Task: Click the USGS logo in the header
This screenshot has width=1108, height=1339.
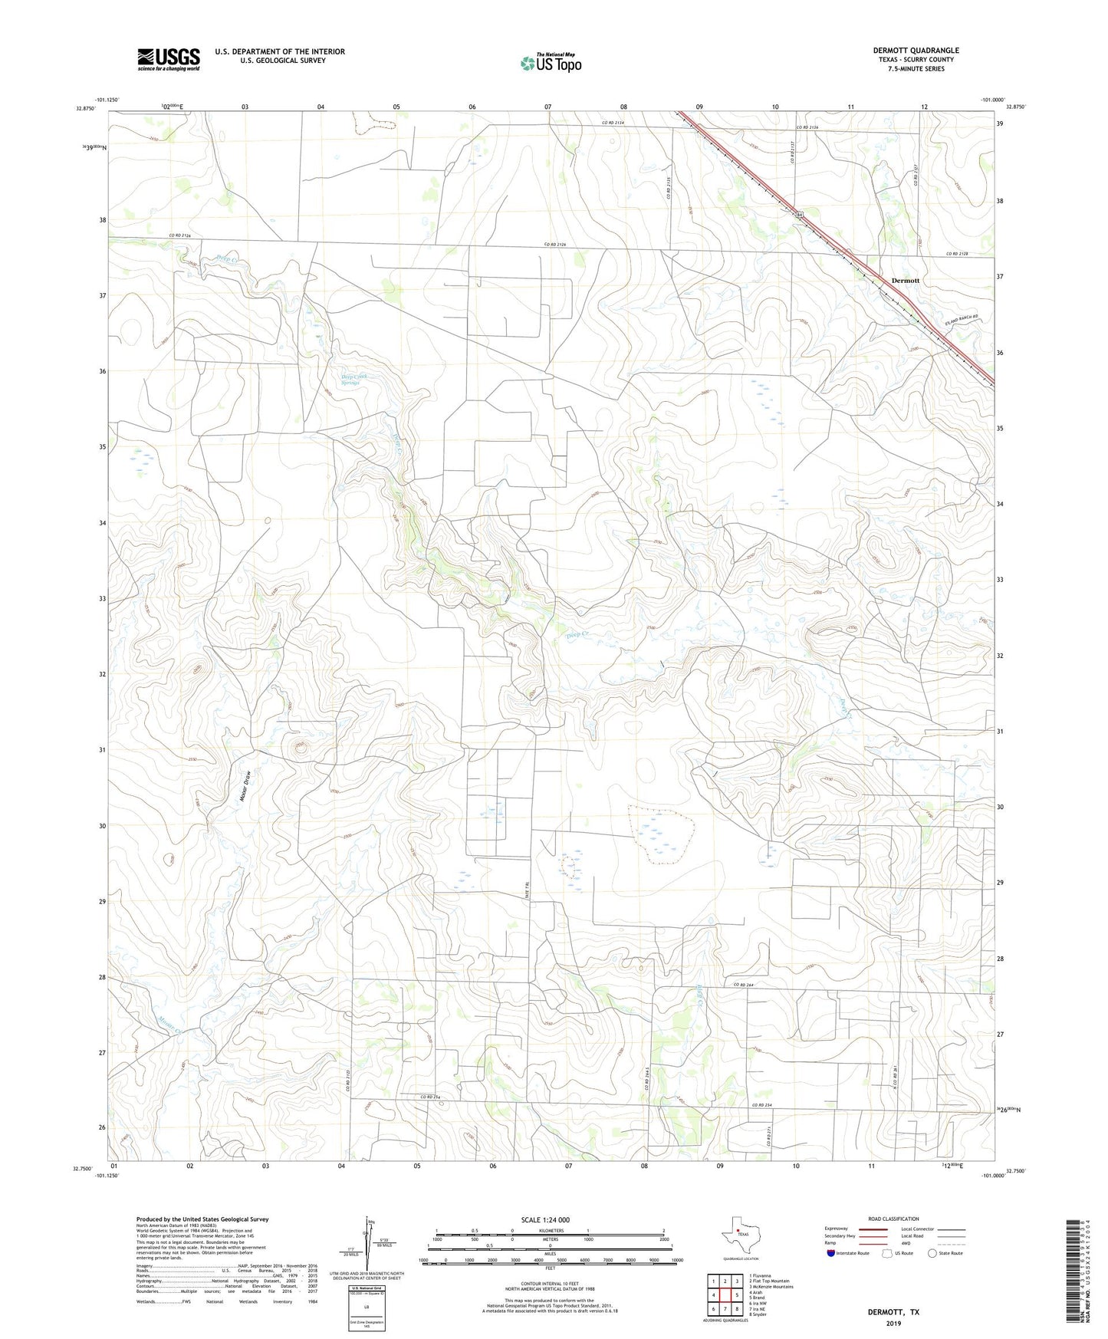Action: pyautogui.click(x=169, y=59)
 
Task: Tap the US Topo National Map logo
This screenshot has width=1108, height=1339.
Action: pyautogui.click(x=551, y=63)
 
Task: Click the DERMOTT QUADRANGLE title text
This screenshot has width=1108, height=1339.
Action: pyautogui.click(x=916, y=51)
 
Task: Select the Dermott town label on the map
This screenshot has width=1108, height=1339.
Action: pyautogui.click(x=905, y=281)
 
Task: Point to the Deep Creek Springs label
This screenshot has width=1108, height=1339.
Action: pyautogui.click(x=355, y=379)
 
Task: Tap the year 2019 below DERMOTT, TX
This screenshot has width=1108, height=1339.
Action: pyautogui.click(x=893, y=1323)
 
